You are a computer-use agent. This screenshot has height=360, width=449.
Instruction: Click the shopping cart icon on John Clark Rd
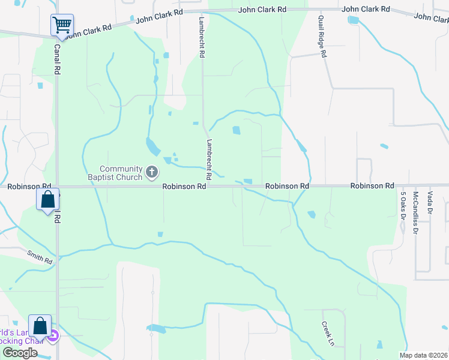point(62,25)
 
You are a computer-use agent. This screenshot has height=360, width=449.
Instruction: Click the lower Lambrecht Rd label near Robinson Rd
point(209,160)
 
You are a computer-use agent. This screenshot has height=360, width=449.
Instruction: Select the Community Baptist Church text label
point(121,173)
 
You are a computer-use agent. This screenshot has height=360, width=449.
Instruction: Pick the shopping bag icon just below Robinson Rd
point(48,200)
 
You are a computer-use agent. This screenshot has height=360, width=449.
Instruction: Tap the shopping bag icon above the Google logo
point(40,326)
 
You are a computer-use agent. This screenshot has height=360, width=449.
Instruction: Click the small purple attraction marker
point(53,336)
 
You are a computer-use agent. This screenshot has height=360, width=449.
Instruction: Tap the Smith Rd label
point(40,257)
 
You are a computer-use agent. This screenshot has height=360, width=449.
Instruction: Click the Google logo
point(20,353)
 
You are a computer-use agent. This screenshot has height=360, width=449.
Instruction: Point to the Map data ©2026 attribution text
point(423,355)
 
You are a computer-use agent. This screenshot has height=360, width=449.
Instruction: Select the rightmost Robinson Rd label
point(372,186)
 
